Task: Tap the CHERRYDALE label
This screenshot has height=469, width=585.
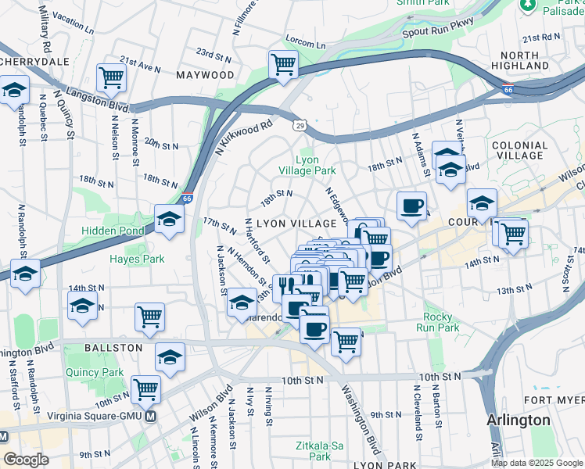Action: pos(36,61)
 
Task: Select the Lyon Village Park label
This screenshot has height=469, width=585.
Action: pos(307,164)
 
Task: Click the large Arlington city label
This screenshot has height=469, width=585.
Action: pos(518,420)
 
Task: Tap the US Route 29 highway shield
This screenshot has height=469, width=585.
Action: pos(300,125)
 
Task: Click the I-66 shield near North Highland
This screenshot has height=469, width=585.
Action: pos(508,91)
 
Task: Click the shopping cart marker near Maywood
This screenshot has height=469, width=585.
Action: pos(283,65)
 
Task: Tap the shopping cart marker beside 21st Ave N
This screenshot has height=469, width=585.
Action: pos(112,77)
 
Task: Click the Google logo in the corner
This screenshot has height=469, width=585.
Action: pos(26,460)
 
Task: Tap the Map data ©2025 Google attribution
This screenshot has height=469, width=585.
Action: pos(537,463)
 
